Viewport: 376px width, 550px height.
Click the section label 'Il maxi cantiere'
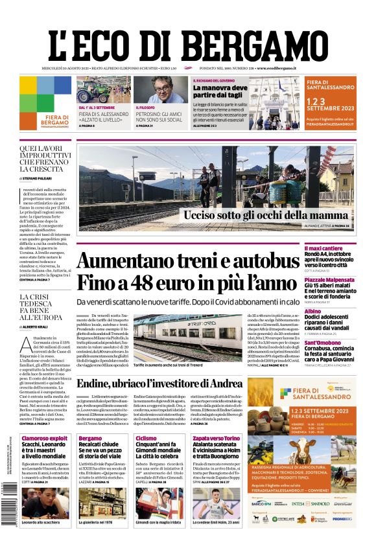coord(338,248)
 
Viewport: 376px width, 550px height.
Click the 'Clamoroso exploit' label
coord(45,438)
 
